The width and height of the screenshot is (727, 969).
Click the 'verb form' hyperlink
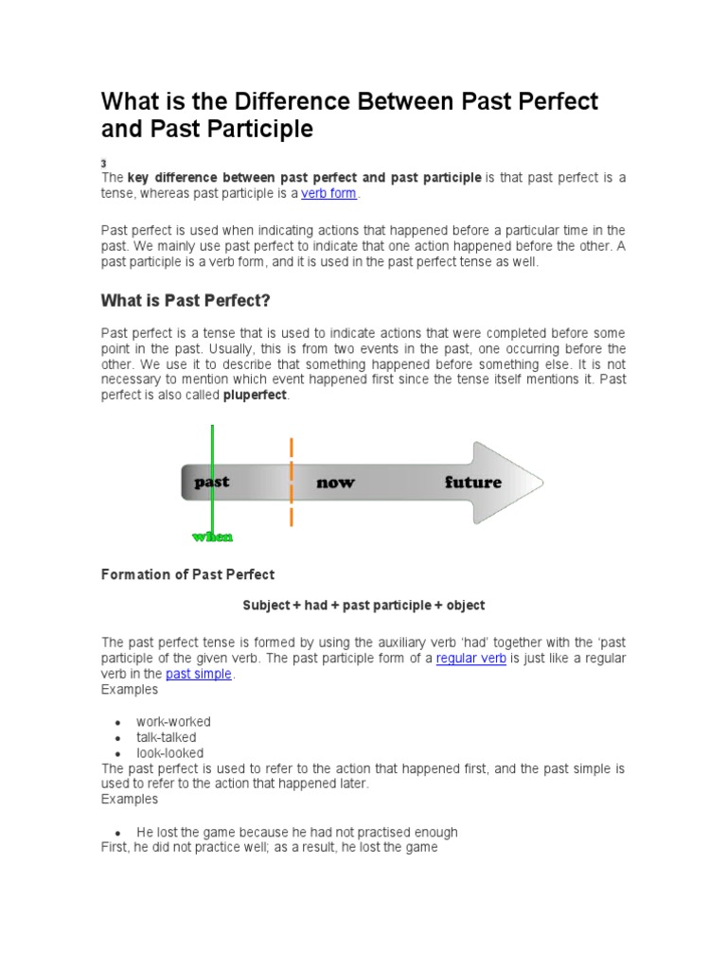pos(330,194)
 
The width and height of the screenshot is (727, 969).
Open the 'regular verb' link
pos(470,659)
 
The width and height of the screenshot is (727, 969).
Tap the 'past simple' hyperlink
pos(198,675)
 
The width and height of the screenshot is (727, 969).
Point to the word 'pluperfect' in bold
pos(254,396)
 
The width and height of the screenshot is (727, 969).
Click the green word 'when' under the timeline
pos(212,537)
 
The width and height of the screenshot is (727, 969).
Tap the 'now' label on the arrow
pos(336,483)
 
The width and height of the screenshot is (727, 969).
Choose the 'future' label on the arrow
pos(472,483)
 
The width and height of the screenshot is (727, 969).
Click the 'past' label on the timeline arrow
pos(211,482)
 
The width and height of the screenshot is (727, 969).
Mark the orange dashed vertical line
pos(291,483)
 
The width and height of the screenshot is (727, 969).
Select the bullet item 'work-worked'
pos(173,722)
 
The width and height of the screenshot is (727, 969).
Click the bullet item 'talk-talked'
pos(167,737)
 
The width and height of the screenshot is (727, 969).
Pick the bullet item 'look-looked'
pos(169,753)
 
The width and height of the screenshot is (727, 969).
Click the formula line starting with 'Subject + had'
pos(363,606)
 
